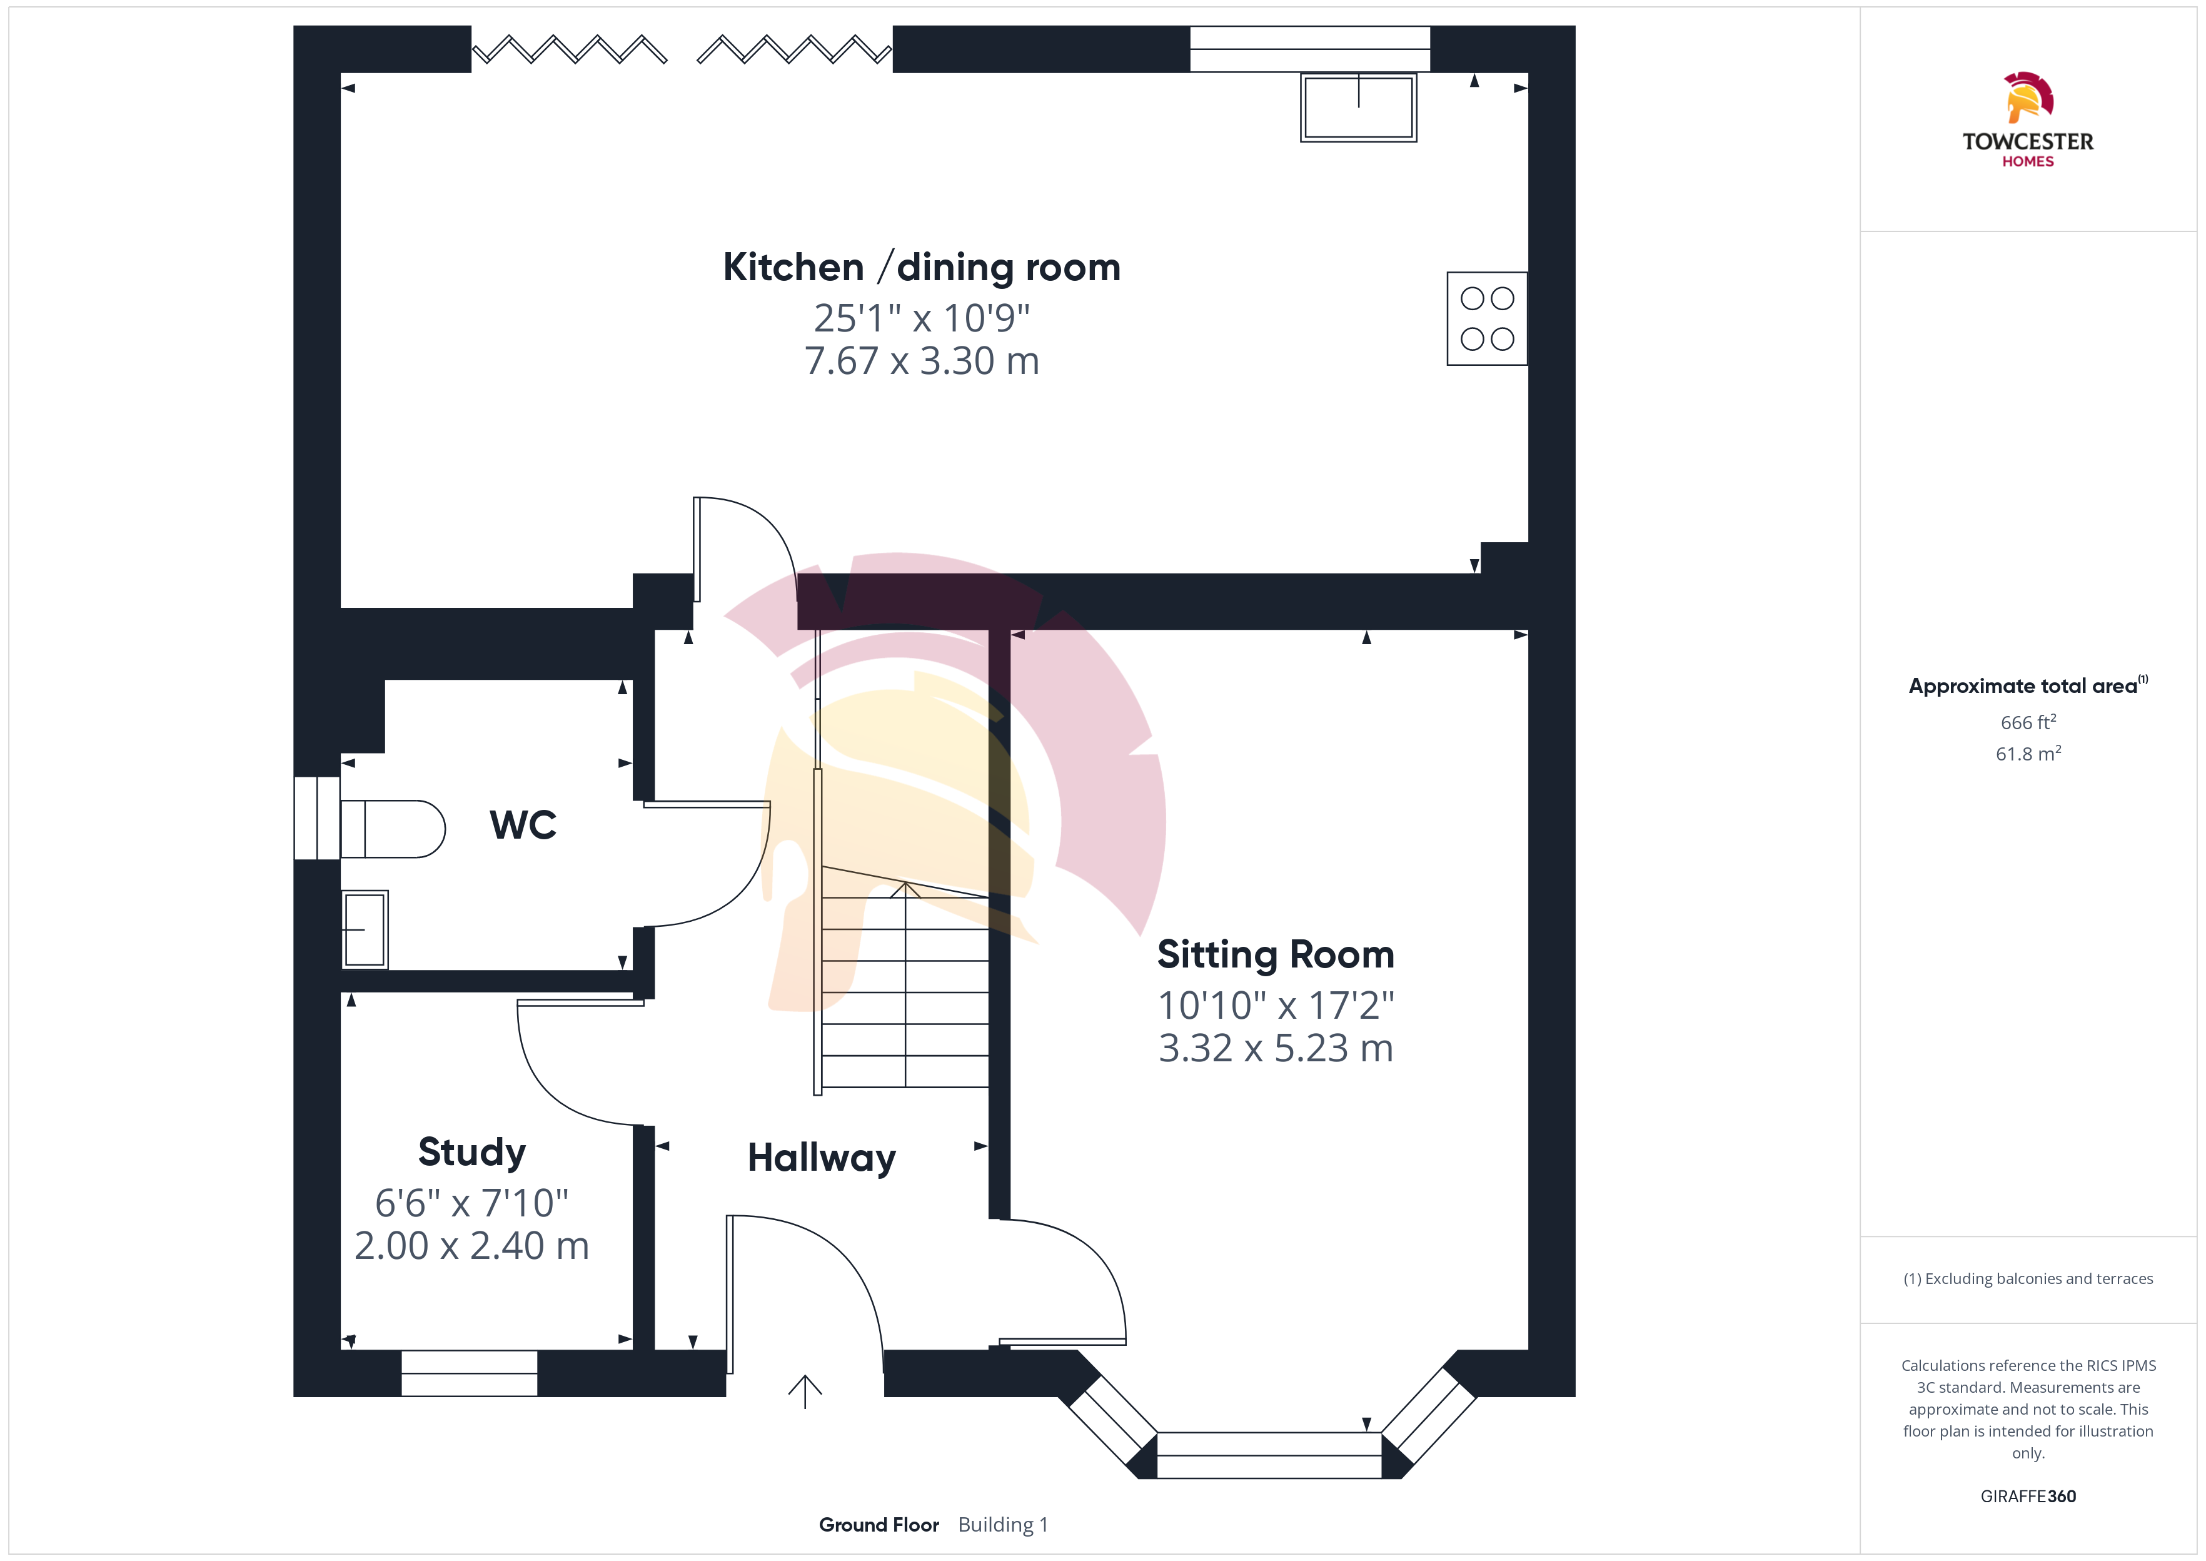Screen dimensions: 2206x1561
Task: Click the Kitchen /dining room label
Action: pos(922,267)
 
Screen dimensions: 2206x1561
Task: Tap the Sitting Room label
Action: pos(1275,954)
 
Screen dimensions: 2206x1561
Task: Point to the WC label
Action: pos(523,825)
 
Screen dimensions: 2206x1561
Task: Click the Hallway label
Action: pos(822,1158)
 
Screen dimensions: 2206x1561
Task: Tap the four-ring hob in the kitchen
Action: pos(1486,318)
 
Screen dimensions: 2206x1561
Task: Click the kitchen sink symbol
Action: pos(1357,107)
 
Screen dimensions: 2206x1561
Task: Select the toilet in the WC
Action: pos(392,829)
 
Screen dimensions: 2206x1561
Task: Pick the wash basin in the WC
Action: pos(365,929)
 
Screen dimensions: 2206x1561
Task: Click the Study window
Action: pos(469,1373)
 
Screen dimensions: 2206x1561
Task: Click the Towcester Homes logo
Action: pos(2027,120)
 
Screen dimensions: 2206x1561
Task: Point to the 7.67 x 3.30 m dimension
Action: pos(922,361)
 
